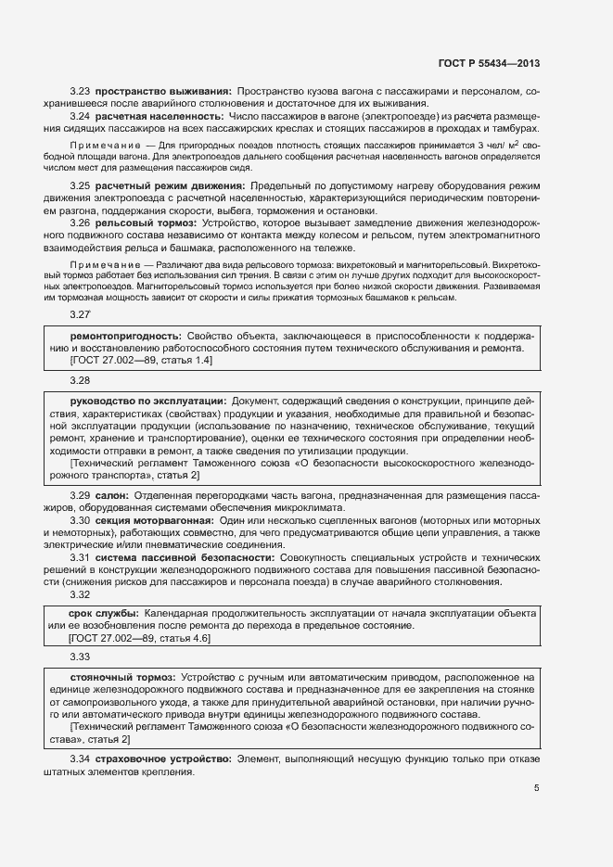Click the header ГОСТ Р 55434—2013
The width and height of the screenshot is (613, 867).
tap(488, 64)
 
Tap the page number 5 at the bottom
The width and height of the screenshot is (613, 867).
tap(536, 788)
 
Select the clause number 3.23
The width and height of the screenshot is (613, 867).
tap(80, 92)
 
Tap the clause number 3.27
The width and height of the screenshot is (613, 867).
tap(80, 315)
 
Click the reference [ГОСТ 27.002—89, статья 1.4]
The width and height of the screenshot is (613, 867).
tap(141, 359)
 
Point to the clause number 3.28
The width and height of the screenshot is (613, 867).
tap(80, 380)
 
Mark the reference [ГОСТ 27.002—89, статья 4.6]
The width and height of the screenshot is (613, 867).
tap(141, 639)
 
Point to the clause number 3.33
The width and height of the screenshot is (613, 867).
tap(80, 657)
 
